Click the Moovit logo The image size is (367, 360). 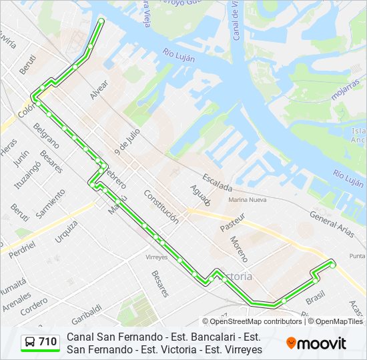(316, 343)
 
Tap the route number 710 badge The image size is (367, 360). (41, 342)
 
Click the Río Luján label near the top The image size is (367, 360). (179, 55)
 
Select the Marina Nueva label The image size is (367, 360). (247, 199)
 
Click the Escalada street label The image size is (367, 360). (218, 182)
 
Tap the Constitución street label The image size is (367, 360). (161, 207)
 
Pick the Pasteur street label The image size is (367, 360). (233, 222)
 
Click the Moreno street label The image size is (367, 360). (239, 249)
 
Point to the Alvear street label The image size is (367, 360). (99, 91)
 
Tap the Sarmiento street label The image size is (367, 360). (51, 203)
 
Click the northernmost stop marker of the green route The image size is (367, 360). (101, 21)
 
